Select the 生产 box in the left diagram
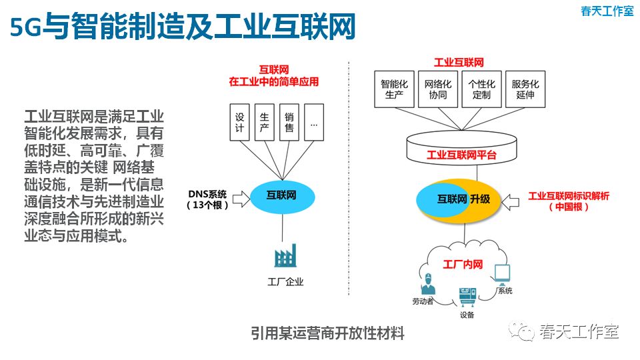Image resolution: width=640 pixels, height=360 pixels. coord(264,121)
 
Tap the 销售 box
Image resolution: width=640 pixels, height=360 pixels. coord(289,121)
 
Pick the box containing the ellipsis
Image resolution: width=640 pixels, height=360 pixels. coord(314,121)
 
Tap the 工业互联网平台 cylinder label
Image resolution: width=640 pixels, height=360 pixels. coord(461,155)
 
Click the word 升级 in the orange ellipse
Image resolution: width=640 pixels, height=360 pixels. coord(479,199)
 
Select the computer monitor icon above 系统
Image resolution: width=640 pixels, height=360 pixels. coord(501,274)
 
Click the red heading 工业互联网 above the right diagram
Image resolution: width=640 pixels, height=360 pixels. coord(459,63)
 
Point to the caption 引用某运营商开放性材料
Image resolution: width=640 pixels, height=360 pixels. coord(328,333)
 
